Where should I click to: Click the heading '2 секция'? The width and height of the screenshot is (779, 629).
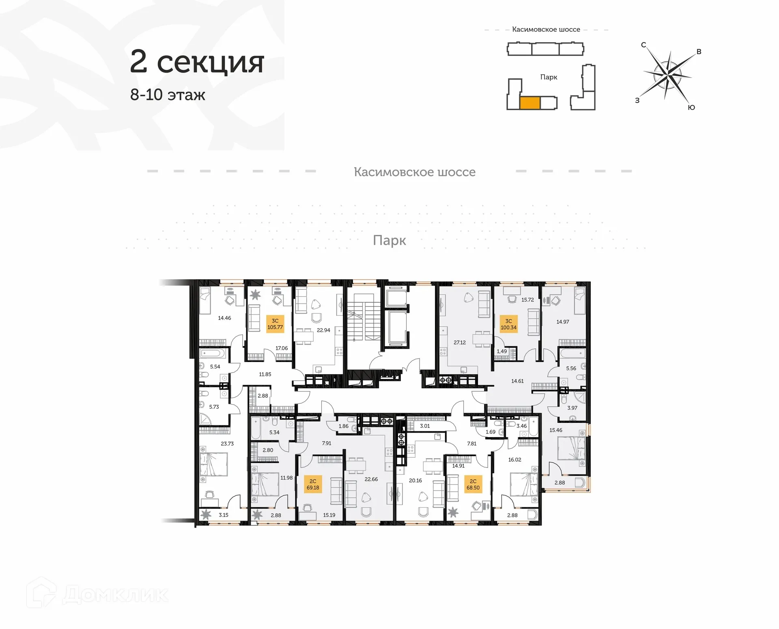197,62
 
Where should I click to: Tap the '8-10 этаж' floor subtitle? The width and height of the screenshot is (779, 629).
168,95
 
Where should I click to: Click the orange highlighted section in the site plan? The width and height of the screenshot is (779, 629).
529,103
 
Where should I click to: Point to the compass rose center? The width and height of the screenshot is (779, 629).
668,75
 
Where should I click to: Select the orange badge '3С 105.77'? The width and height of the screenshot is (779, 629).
275,324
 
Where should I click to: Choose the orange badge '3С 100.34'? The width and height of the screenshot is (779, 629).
508,324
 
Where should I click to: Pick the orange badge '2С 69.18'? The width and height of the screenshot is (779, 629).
313,484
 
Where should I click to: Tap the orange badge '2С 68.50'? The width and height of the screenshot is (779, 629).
473,484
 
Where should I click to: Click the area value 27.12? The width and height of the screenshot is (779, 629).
460,343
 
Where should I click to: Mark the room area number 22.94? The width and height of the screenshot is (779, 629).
323,330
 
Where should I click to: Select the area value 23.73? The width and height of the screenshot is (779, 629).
227,444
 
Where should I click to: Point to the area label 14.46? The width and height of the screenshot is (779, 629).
224,318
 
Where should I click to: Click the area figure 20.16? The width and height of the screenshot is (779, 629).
415,480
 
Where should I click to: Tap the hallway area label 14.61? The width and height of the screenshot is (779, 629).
517,381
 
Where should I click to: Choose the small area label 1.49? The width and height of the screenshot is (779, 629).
501,351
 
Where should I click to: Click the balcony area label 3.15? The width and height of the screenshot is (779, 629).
224,515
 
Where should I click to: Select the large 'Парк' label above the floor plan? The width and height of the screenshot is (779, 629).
389,241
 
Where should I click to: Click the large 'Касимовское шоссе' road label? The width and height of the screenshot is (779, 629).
414,172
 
